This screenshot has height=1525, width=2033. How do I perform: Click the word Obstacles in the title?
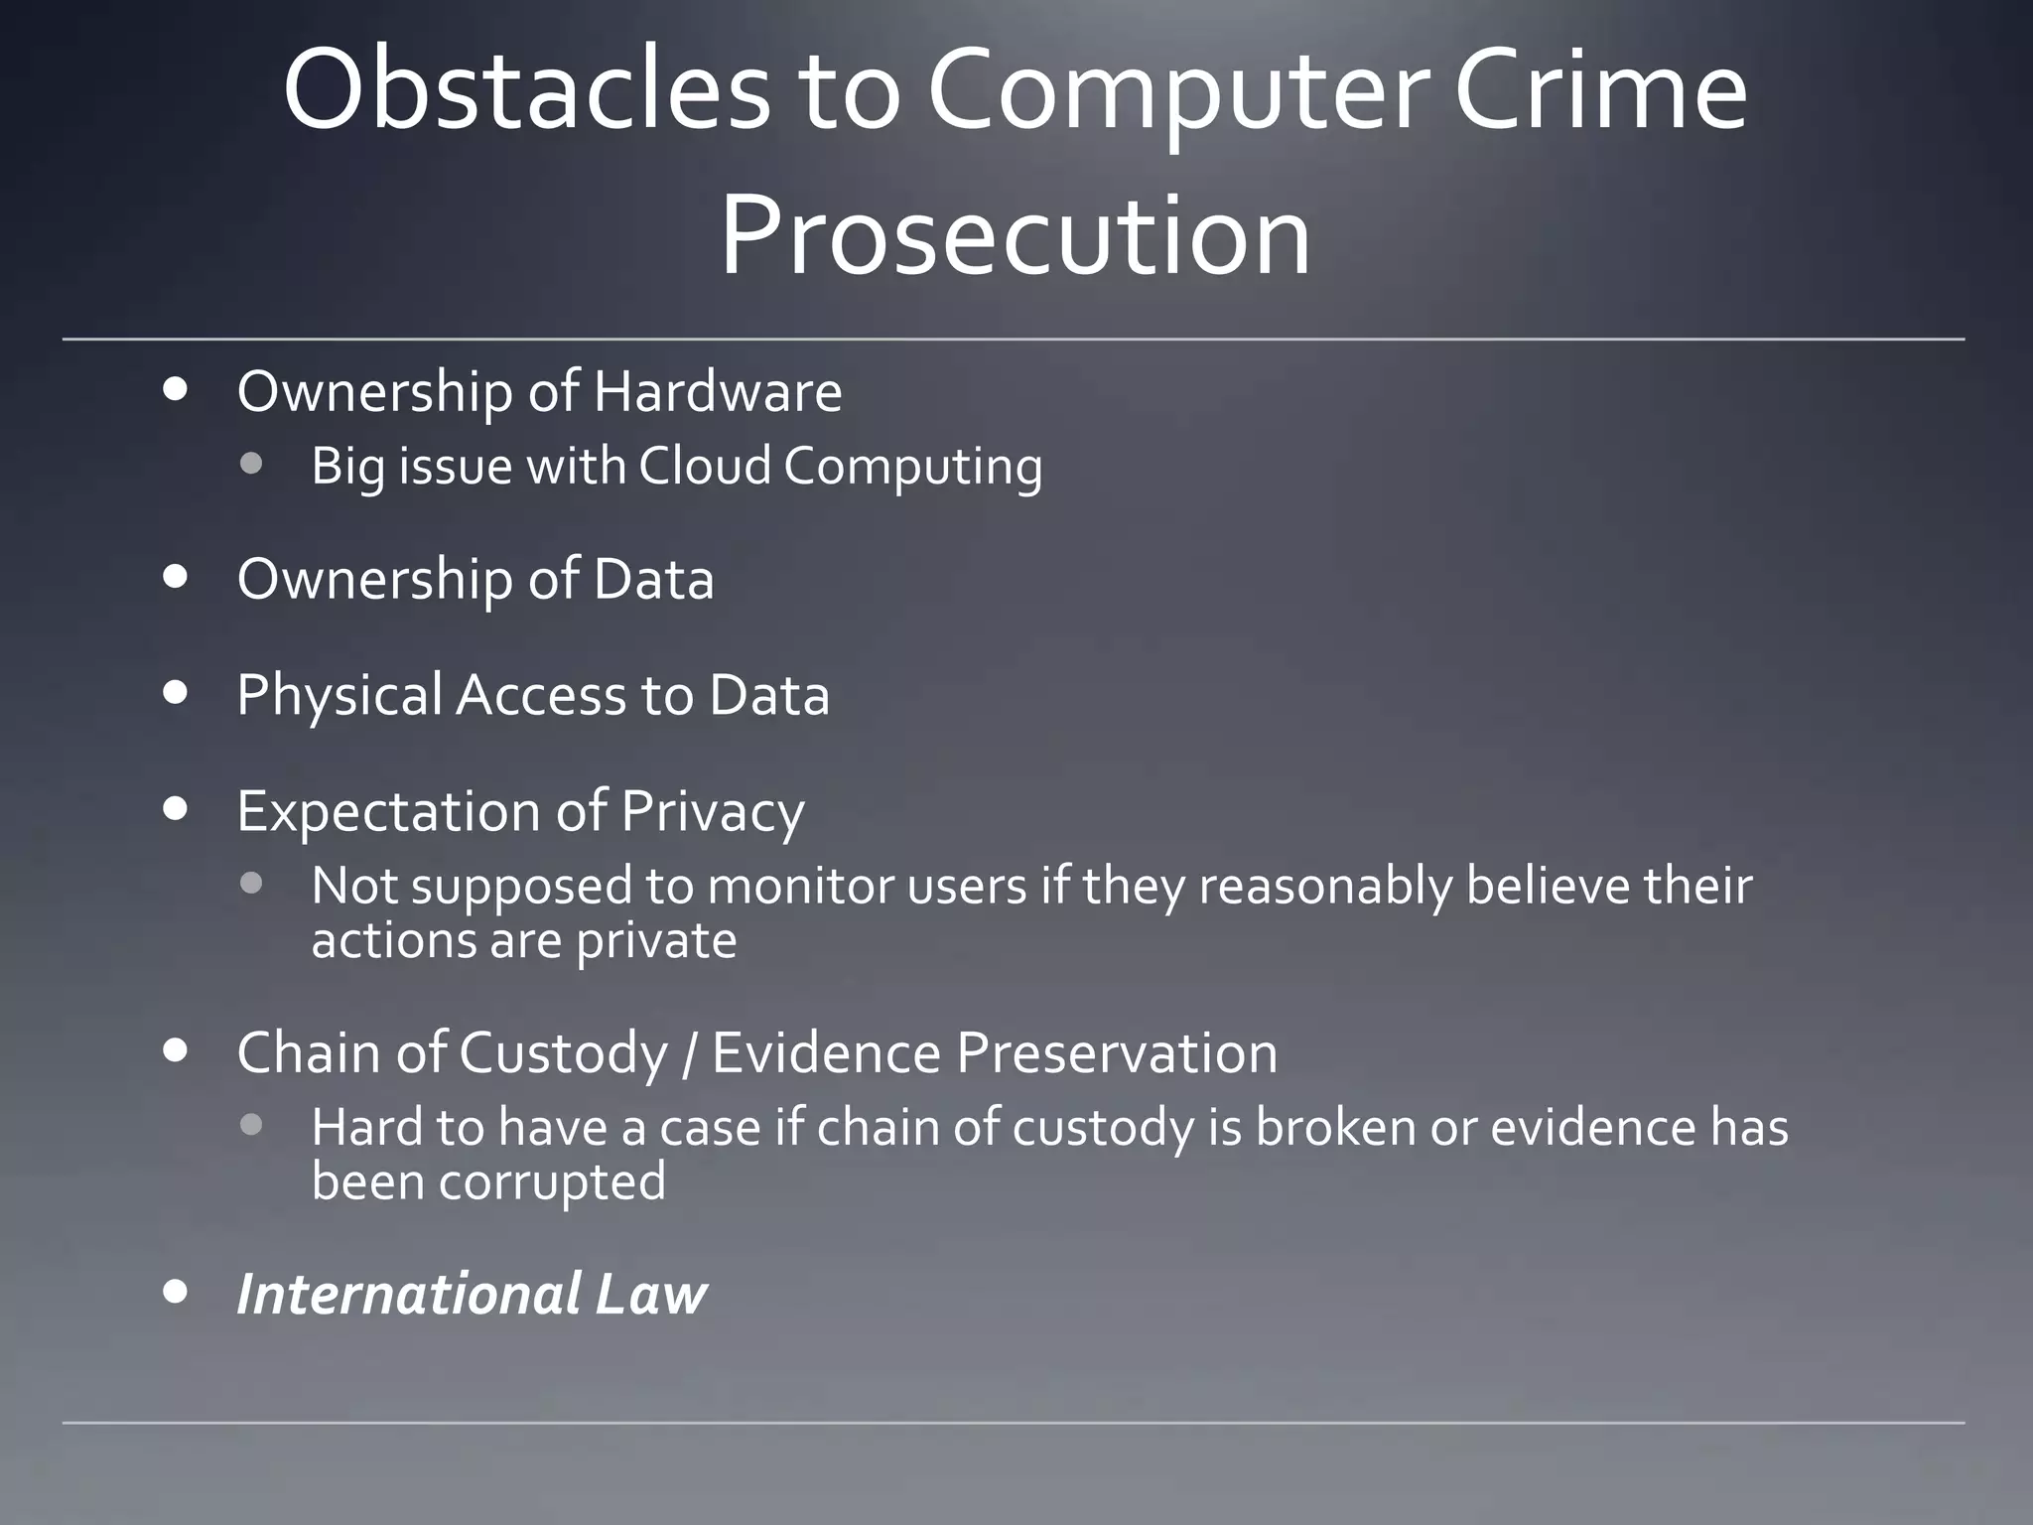click(526, 91)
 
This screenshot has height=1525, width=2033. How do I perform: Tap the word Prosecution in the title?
click(1015, 236)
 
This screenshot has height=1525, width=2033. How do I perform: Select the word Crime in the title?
click(1599, 91)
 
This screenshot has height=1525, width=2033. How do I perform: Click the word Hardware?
click(718, 391)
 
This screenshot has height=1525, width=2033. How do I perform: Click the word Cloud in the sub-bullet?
click(704, 466)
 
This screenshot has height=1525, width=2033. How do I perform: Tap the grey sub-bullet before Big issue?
click(251, 464)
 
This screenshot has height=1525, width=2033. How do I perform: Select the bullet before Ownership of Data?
click(176, 578)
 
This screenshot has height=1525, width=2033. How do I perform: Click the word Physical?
click(339, 695)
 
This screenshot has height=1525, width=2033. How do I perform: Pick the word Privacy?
click(712, 812)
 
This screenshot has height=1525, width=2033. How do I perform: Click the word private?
click(656, 940)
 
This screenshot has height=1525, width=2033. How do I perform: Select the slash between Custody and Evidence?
click(689, 1053)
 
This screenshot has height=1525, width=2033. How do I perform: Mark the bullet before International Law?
click(176, 1292)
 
